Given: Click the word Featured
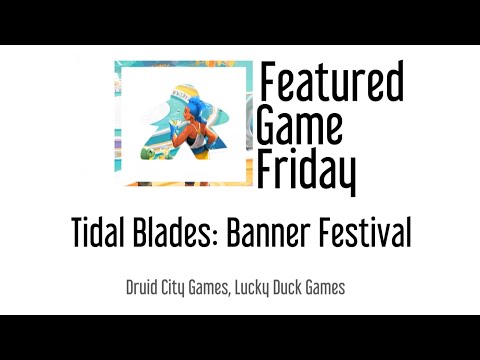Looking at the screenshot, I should click(330, 83).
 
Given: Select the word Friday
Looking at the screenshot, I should click(305, 170).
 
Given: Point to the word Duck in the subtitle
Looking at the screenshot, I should click(290, 288).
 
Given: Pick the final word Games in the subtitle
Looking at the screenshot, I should click(328, 288).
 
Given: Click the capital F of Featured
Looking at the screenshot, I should click(266, 83).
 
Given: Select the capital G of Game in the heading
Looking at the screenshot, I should click(267, 126).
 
